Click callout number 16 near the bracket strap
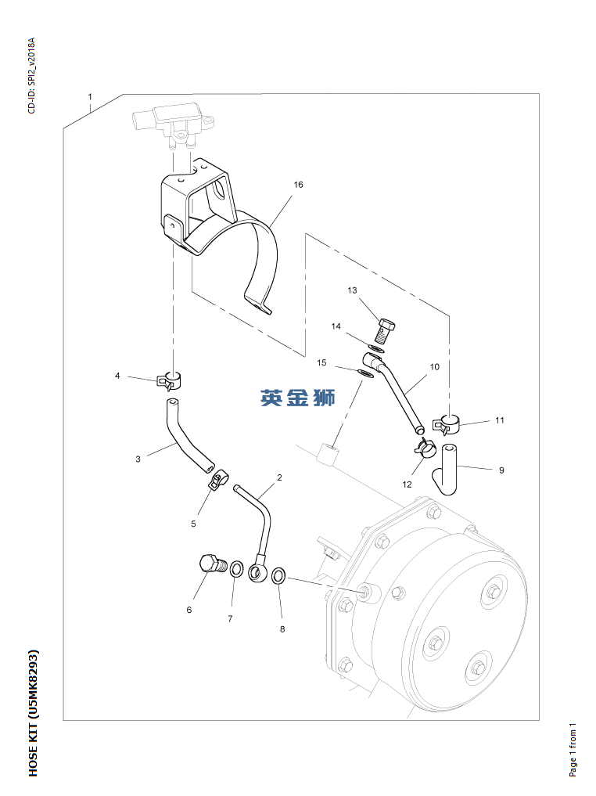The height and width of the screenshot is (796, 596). tap(298, 185)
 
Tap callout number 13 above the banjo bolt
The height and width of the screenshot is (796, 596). tap(352, 290)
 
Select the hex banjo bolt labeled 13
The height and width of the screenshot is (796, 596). tap(386, 330)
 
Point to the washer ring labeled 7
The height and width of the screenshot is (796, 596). tap(236, 570)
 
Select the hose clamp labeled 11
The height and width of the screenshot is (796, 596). tap(447, 424)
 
